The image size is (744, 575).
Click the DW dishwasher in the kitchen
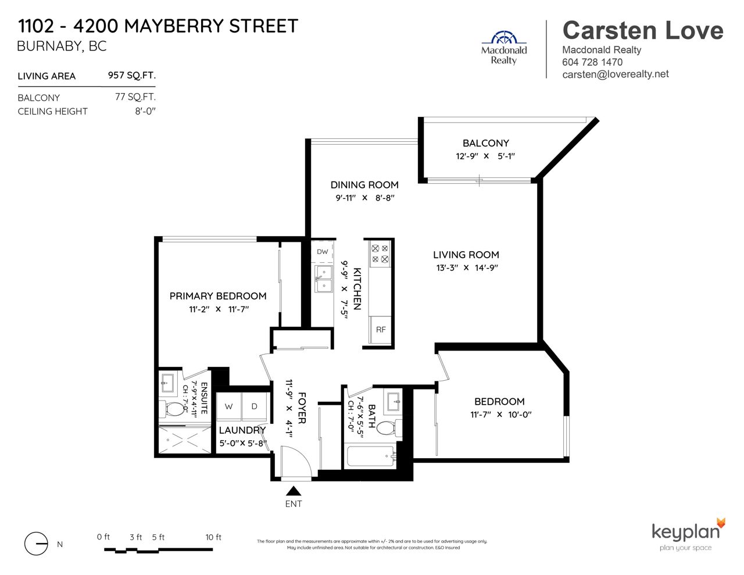[322, 252]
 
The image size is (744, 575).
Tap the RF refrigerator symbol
[380, 330]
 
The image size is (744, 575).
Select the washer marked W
[229, 406]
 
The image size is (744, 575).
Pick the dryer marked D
[255, 406]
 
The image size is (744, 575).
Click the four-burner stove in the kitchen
[380, 253]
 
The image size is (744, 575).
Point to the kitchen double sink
[324, 279]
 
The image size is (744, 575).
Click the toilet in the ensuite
[172, 409]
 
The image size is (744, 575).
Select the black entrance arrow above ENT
[294, 491]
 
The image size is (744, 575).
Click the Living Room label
[466, 255]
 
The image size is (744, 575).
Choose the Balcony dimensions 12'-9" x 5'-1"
[485, 156]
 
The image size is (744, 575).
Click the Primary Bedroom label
[218, 296]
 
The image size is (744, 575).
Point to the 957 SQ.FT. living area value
[132, 75]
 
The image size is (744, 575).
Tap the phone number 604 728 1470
[592, 62]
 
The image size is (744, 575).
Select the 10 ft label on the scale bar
[213, 537]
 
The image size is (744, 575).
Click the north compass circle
[36, 544]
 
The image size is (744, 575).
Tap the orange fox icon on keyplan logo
[721, 524]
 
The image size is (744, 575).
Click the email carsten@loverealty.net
[616, 74]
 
